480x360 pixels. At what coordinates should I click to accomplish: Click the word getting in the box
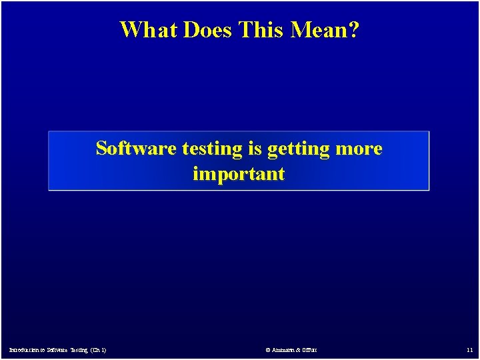(299, 149)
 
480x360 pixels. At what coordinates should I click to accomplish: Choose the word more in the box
(359, 149)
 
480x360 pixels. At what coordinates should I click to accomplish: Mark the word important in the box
(239, 174)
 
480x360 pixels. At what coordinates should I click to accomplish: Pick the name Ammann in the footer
(282, 350)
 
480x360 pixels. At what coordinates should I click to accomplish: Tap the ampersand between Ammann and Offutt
(300, 350)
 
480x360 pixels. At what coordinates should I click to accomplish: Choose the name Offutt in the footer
(311, 350)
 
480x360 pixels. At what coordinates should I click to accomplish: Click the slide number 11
(469, 350)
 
